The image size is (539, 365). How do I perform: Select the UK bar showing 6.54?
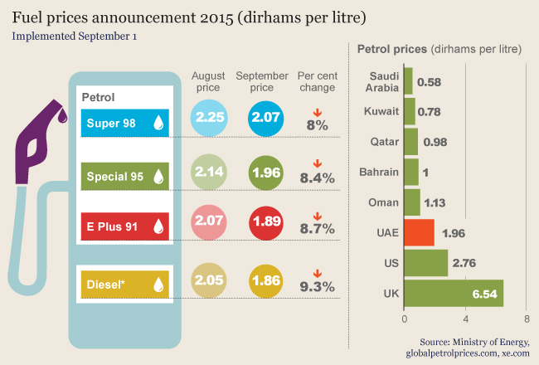454,293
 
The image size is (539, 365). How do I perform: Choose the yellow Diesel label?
124,286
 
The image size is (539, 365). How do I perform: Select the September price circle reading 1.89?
266,224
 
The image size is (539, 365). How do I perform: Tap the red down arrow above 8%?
316,113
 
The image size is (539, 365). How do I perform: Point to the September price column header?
261,81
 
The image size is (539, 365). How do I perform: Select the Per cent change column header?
316,81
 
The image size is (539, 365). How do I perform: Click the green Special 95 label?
124,176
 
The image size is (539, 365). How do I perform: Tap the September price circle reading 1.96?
266,173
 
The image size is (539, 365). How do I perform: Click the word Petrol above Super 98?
99,97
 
